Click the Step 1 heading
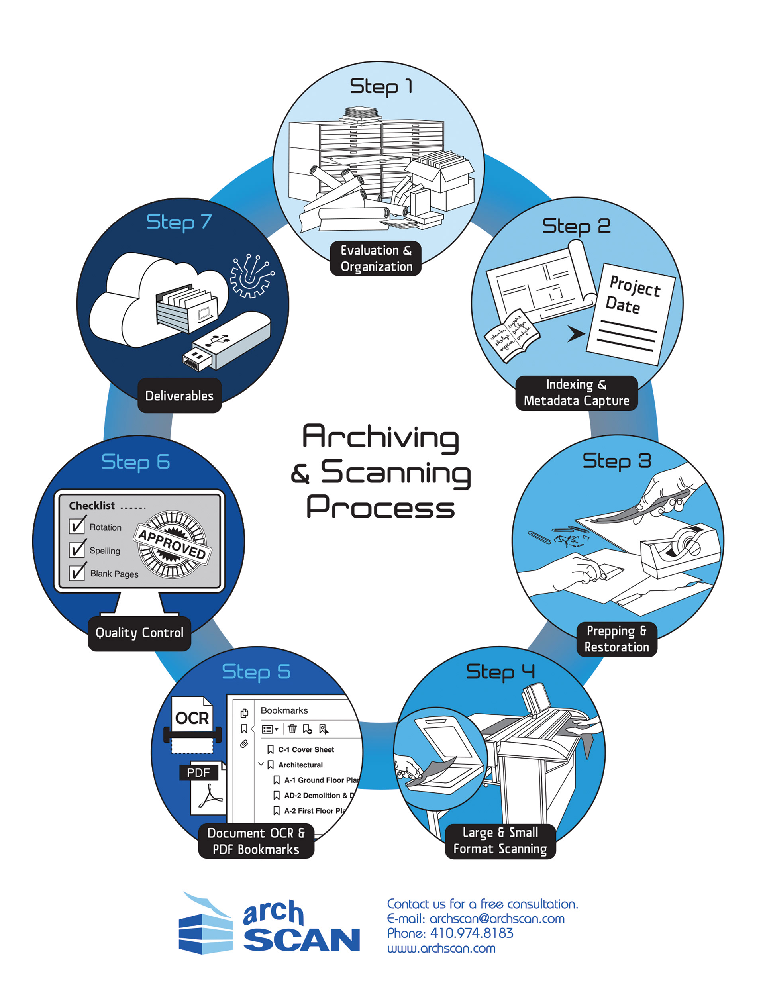[381, 86]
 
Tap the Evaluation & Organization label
[376, 259]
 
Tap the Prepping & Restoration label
[616, 639]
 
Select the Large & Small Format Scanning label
[500, 841]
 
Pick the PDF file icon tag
[198, 772]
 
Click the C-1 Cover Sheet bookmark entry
[306, 749]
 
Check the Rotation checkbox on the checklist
[77, 526]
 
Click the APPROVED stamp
[172, 544]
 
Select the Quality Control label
[139, 632]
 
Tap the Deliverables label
[179, 396]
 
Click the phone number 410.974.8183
[471, 933]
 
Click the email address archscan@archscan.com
[496, 918]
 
